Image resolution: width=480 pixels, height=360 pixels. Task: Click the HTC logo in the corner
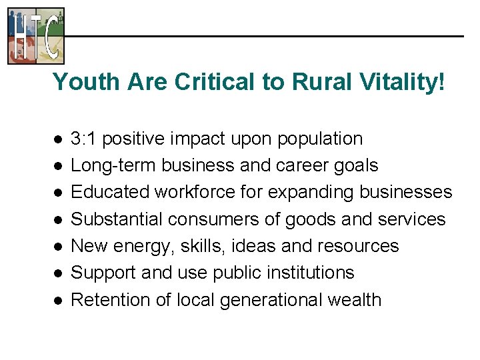tap(36, 35)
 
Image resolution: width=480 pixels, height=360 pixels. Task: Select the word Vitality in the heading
tap(407, 82)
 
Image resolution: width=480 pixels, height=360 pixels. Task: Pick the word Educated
tap(110, 192)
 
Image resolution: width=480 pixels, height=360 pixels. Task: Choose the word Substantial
tap(117, 219)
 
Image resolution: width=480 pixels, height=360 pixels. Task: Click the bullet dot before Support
tap(59, 273)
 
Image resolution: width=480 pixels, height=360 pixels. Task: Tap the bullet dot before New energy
tap(59, 247)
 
